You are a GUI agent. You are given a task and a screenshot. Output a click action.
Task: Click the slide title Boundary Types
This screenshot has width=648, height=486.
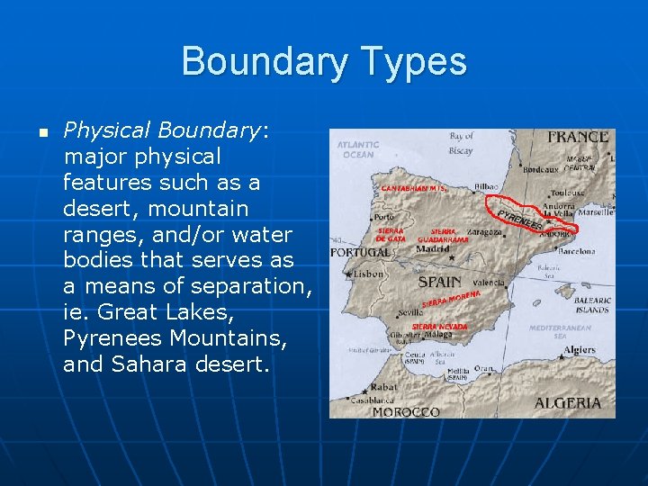(324, 62)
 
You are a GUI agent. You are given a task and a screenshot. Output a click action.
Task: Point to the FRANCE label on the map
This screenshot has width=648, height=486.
(578, 138)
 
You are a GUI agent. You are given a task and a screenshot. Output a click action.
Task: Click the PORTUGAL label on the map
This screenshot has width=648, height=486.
(361, 253)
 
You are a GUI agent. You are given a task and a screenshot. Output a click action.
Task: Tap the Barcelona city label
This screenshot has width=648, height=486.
(576, 252)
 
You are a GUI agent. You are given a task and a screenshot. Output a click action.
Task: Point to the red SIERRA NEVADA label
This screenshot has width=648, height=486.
(440, 326)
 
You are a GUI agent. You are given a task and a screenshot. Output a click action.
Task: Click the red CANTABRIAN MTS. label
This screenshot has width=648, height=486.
(414, 189)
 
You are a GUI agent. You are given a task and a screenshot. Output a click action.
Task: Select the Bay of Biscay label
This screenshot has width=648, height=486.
(461, 143)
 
